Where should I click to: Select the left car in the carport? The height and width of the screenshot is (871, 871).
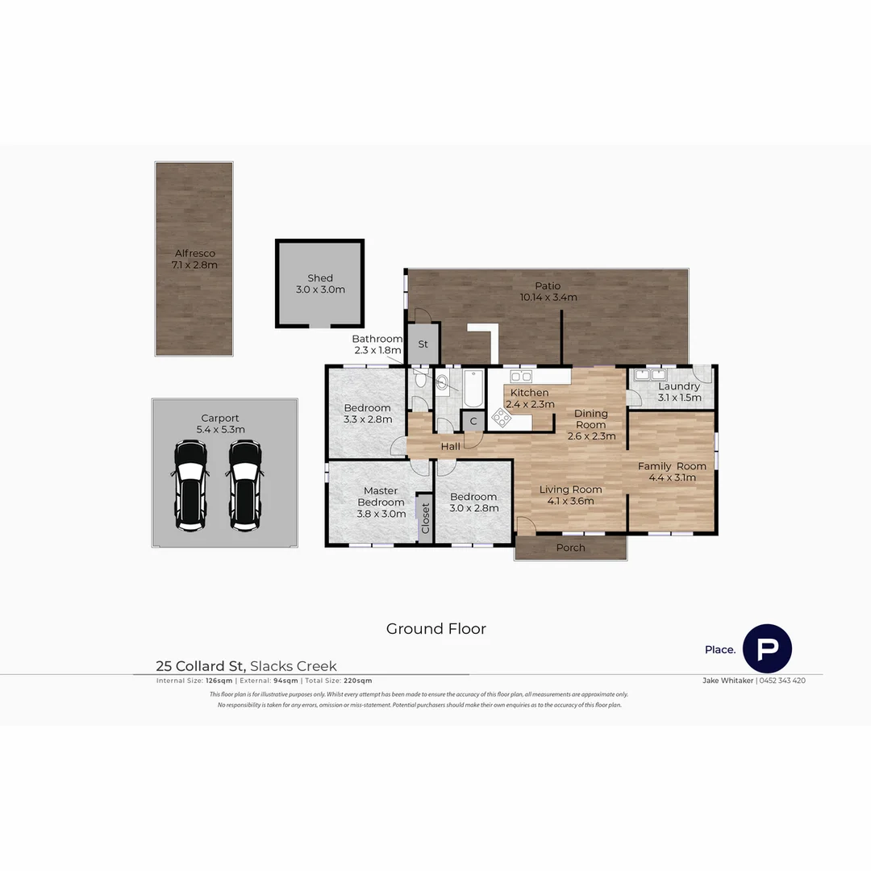click(190, 486)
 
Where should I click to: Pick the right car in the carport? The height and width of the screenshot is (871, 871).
click(244, 486)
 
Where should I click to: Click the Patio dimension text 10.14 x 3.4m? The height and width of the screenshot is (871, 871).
click(548, 297)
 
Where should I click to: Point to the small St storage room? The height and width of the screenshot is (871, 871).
click(423, 344)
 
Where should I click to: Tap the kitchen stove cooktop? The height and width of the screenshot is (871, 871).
click(502, 417)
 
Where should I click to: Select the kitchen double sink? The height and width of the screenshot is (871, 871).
click(521, 376)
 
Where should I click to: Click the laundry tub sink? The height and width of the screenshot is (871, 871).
click(649, 375)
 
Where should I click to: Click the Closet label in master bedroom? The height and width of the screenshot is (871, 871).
click(425, 519)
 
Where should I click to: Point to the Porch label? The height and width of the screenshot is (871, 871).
click(571, 548)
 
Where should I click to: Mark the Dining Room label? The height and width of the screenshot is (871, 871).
click(590, 419)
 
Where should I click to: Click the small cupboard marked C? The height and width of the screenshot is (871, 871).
click(473, 421)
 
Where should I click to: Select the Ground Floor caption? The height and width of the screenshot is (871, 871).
click(435, 629)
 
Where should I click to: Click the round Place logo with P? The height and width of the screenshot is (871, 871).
click(767, 648)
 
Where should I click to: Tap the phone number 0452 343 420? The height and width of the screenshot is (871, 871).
click(782, 681)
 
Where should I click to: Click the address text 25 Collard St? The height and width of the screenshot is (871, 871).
click(201, 666)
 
